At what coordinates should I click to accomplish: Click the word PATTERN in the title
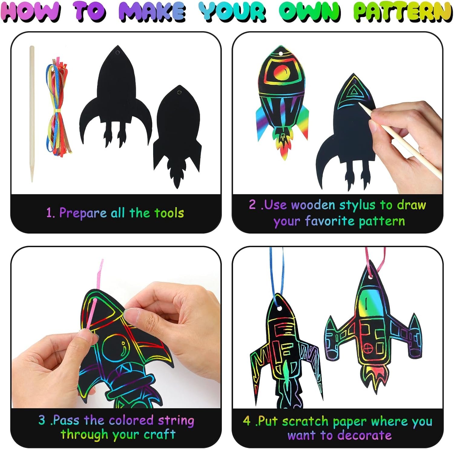403,12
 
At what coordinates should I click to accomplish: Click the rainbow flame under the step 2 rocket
283,144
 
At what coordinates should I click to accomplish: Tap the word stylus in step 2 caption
357,205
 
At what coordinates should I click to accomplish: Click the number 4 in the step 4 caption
247,421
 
